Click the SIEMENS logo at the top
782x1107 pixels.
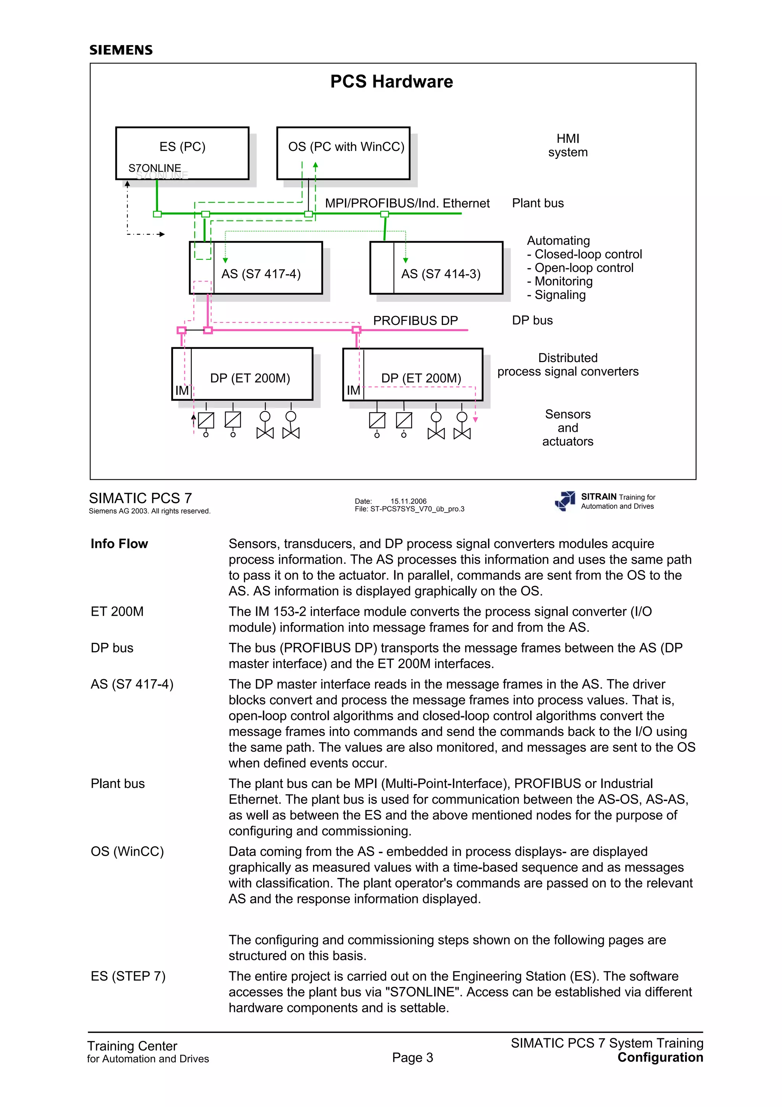coord(121,50)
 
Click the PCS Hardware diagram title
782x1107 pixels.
coord(391,81)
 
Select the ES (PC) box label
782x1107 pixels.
coord(182,147)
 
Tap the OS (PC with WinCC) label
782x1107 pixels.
coord(346,147)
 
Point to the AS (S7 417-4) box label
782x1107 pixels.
coord(261,274)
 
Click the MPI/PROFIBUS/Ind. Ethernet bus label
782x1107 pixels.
coord(407,203)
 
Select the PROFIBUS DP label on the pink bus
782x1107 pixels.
coord(415,320)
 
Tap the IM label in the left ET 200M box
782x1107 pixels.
coord(182,390)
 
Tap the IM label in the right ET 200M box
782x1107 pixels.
coord(353,390)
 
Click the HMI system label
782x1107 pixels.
coord(567,145)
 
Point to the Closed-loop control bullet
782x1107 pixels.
coord(585,254)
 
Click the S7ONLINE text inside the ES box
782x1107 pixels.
coord(155,168)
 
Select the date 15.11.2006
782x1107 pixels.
coord(408,501)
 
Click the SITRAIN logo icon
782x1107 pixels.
coord(565,501)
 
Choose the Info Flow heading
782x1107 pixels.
coord(119,544)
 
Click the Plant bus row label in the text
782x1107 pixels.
coord(118,783)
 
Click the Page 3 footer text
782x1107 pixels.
coord(412,1057)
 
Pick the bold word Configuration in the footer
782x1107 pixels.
coord(660,1057)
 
